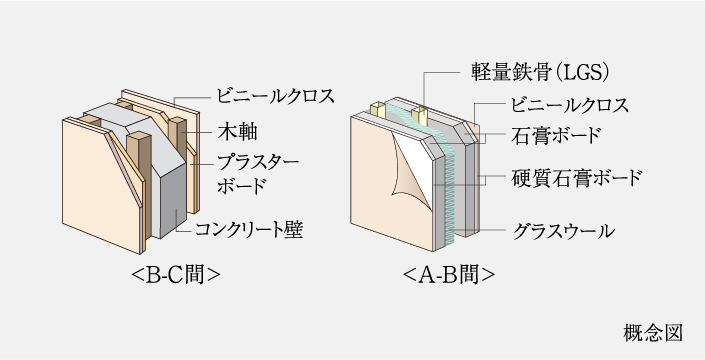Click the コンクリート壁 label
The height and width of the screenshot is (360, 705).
249,230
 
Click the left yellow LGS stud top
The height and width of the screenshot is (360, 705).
379,107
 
